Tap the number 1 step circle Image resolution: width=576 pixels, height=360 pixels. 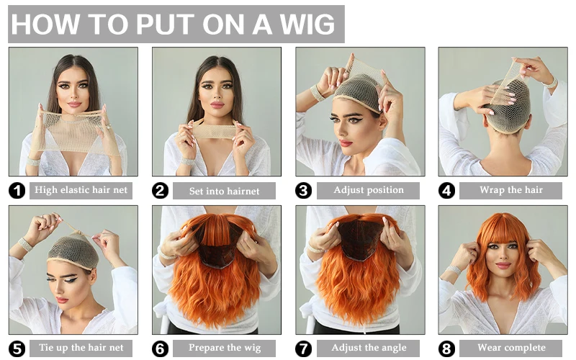17,191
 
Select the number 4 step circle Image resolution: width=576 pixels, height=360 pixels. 447,191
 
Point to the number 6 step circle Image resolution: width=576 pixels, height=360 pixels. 161,349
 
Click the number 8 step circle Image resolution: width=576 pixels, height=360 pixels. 447,349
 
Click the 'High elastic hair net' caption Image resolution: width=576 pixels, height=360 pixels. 80,190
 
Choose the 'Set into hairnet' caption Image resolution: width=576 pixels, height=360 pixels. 223,191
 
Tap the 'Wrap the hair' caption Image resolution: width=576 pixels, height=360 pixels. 511,190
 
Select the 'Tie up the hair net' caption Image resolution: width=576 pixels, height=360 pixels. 80,348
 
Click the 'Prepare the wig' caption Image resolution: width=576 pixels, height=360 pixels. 223,348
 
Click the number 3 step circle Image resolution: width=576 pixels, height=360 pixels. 304,191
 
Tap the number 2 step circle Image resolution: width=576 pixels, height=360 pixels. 161,191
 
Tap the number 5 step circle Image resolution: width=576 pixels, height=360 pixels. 17,349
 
